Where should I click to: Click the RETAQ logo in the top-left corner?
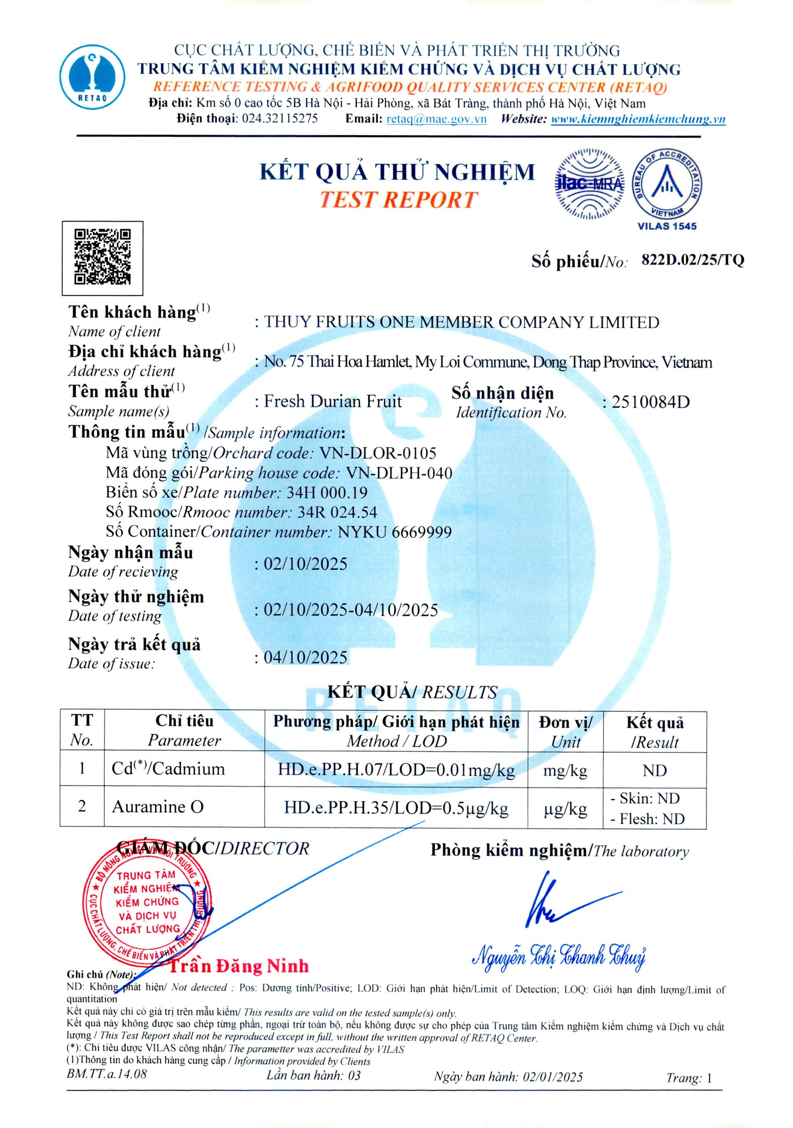click(93, 77)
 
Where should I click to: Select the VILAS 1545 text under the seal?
click(667, 226)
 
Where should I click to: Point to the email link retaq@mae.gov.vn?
click(436, 119)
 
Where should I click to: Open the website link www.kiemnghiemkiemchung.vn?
click(638, 119)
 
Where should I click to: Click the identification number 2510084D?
click(651, 402)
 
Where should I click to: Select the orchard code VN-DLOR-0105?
click(378, 453)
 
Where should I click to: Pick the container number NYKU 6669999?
click(394, 532)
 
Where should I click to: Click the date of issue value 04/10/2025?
click(305, 657)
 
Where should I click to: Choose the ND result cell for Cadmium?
click(655, 770)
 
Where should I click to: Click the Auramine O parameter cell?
click(157, 807)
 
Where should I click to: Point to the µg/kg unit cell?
click(565, 809)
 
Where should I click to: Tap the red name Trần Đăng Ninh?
click(239, 966)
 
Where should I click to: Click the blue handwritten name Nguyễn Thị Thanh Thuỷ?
click(558, 956)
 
